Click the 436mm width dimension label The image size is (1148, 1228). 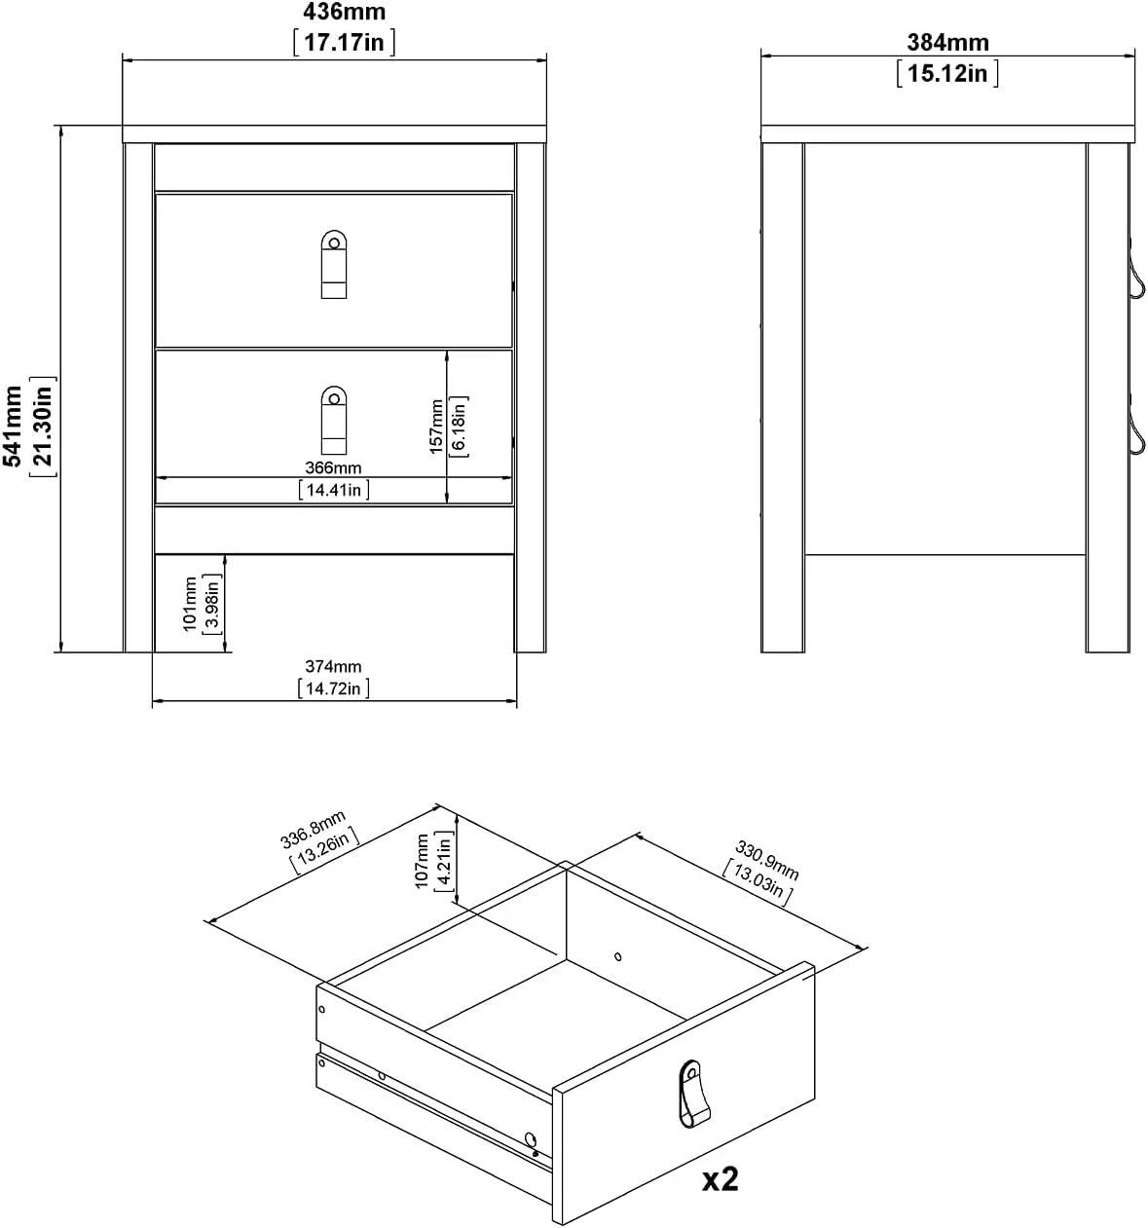(344, 11)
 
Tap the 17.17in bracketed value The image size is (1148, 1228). (344, 42)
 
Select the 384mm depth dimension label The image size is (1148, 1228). (947, 42)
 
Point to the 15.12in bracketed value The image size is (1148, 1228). (947, 73)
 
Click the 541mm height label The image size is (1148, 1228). (13, 426)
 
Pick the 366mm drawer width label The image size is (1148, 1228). (333, 467)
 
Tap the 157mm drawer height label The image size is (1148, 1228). (436, 427)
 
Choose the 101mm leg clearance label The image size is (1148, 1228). (190, 604)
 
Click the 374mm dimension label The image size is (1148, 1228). (333, 666)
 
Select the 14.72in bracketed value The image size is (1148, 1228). (333, 688)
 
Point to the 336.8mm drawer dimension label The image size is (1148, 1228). (313, 830)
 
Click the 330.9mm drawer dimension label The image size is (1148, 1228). (766, 860)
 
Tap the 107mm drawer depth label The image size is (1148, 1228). (422, 861)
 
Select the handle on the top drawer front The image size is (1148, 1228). (334, 265)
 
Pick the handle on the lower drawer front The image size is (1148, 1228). (334, 421)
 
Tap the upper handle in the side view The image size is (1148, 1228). (1137, 277)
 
